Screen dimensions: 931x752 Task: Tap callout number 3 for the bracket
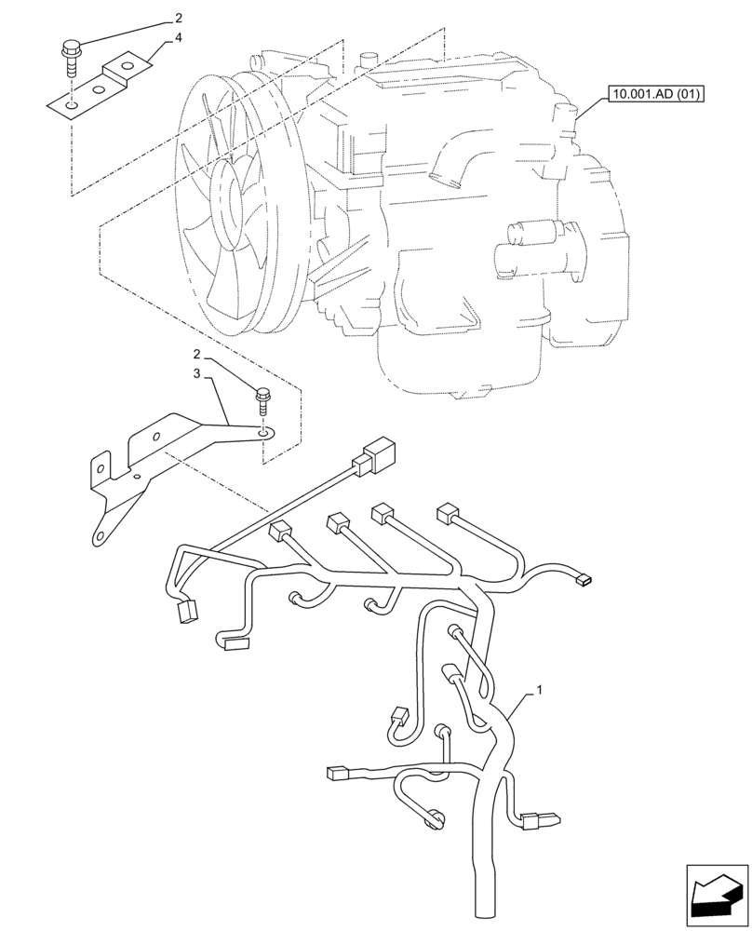coord(196,372)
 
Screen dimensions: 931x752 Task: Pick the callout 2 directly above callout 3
coord(196,354)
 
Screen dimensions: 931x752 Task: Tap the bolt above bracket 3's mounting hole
coord(262,403)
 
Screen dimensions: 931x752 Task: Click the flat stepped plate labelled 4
coord(98,88)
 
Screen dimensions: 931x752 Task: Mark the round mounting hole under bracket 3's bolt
coord(265,432)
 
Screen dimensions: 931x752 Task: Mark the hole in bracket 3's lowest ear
coord(96,535)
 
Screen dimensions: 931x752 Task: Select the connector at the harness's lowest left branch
coord(337,772)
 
